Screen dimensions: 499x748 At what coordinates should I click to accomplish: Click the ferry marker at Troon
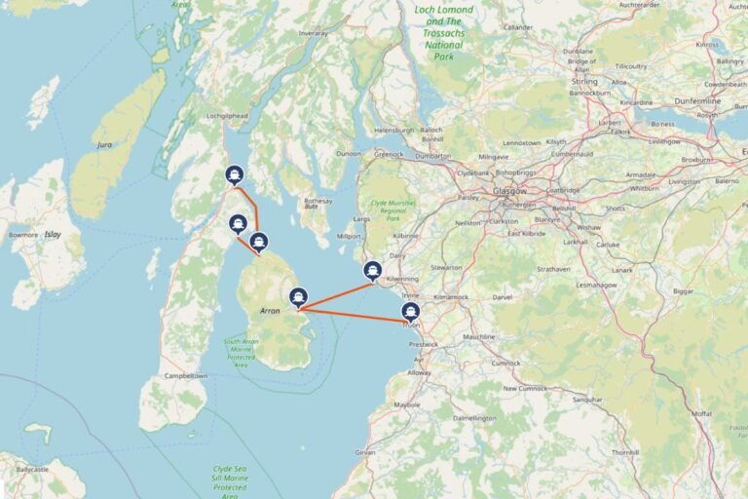click(411, 312)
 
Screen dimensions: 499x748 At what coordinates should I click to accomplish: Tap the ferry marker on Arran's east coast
click(299, 297)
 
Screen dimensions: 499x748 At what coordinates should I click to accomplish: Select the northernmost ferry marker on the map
click(234, 174)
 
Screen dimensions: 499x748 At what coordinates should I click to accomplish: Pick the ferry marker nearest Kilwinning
click(372, 270)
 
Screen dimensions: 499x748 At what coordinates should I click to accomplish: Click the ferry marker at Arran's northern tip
click(258, 242)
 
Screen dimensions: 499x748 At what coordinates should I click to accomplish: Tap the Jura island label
click(105, 144)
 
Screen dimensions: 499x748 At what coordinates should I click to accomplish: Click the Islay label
click(53, 235)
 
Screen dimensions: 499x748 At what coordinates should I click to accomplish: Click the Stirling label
click(584, 82)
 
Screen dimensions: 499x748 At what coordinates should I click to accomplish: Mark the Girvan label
click(365, 453)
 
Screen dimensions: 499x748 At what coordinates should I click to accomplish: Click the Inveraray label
click(314, 33)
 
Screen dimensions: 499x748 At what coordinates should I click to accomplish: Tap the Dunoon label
click(348, 154)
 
